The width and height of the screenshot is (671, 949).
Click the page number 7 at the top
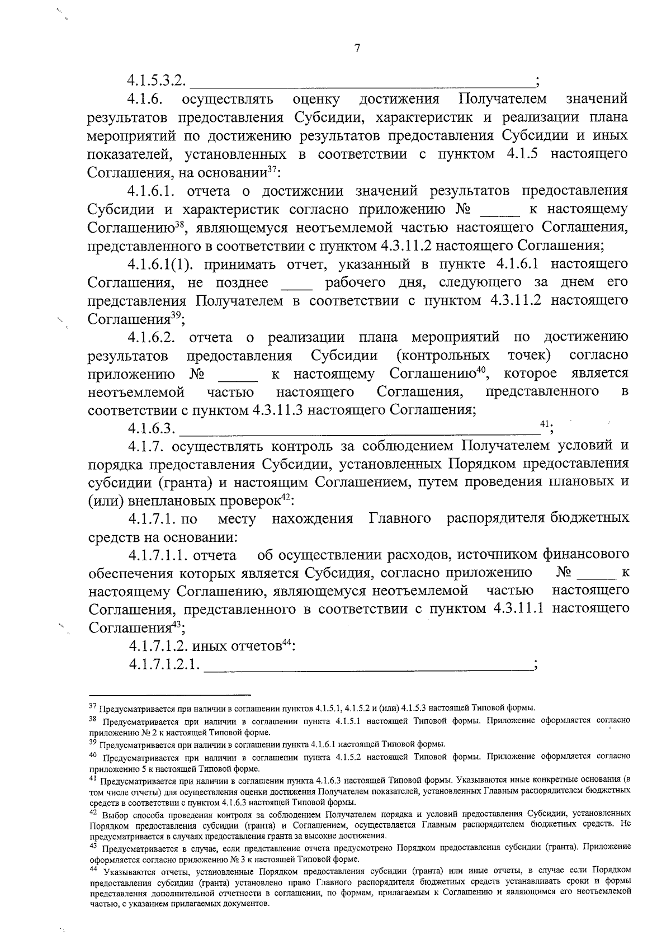pos(358,48)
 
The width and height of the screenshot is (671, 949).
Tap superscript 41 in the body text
pos(545,424)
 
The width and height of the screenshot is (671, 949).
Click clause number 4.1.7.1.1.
pos(157,555)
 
